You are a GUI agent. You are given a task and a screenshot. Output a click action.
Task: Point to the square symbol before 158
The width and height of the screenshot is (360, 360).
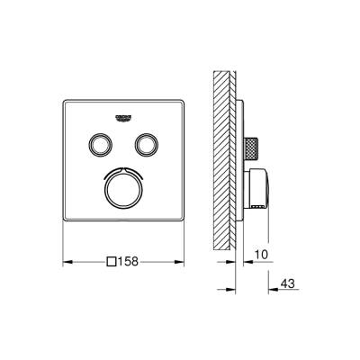[x=112, y=262]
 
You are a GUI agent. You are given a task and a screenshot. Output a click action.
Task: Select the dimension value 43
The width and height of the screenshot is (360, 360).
[x=289, y=283]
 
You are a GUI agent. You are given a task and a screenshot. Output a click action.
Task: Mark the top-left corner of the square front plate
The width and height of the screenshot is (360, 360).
[x=62, y=95]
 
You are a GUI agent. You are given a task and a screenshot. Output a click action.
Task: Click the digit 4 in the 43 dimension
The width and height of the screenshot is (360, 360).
[x=284, y=283]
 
